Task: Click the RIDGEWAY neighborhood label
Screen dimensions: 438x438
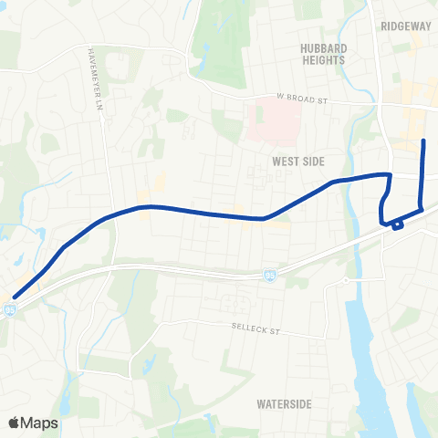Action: coord(406,26)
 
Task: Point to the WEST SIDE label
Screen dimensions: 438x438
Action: coord(298,161)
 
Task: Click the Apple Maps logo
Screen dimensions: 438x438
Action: coord(32,422)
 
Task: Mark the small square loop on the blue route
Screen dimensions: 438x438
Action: coord(397,224)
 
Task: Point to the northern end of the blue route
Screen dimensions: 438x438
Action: coord(423,141)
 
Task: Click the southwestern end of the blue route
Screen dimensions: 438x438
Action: coord(15,296)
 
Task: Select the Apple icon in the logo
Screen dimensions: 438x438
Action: coord(15,422)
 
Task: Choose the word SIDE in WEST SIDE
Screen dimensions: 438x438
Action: coord(312,161)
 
